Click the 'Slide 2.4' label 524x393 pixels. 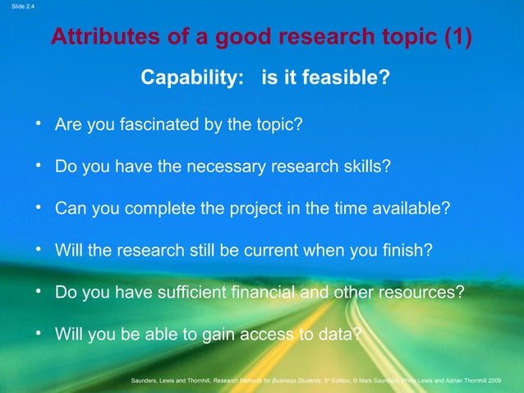[x=18, y=7]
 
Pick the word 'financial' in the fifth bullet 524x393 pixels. [x=266, y=292]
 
